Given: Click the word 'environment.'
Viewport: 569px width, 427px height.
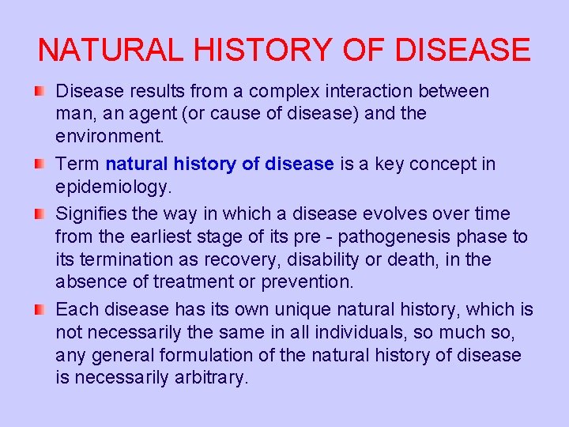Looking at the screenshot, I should (110, 136).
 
